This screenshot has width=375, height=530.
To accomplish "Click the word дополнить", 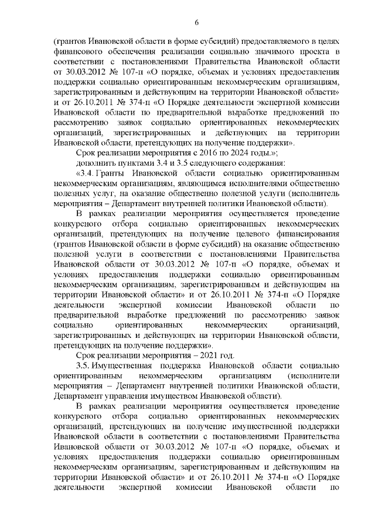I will (x=95, y=163).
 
